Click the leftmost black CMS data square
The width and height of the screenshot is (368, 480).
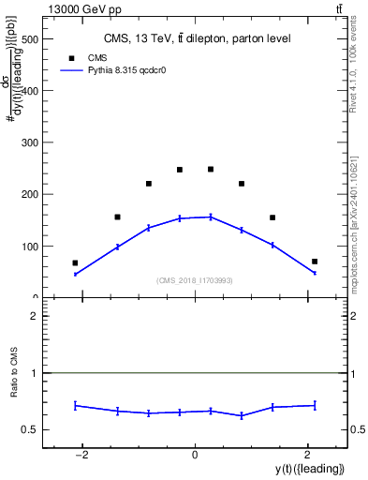[x=75, y=263]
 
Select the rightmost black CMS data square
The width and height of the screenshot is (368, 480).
[x=315, y=262]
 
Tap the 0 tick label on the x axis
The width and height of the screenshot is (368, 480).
[x=195, y=455]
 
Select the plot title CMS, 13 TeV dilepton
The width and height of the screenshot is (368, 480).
[x=197, y=38]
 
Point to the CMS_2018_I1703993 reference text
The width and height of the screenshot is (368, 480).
[x=195, y=280]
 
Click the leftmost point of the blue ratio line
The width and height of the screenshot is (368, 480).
[x=75, y=405]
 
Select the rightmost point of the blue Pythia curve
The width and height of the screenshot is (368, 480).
[x=315, y=273]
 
